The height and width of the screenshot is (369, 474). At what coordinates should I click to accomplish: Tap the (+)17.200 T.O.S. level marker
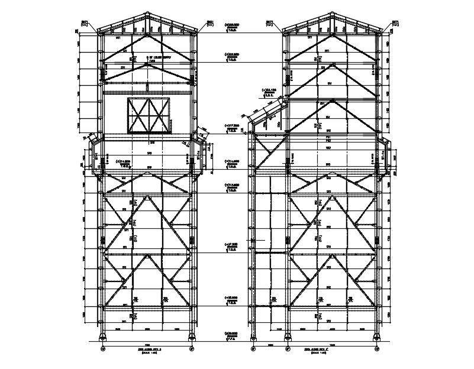[x=231, y=127]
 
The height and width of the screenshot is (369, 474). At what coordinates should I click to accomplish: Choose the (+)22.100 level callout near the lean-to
[x=269, y=91]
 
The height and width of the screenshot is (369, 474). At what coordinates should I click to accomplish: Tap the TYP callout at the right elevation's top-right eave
[x=395, y=24]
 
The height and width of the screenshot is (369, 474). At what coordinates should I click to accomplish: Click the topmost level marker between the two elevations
[x=231, y=25]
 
